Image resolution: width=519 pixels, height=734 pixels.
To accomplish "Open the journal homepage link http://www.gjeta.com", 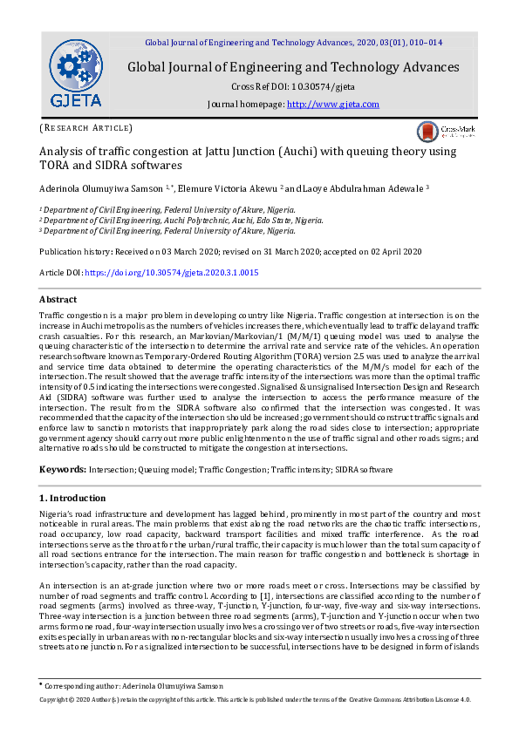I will click(x=333, y=105).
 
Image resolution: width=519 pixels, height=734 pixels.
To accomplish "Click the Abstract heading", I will click(x=58, y=299).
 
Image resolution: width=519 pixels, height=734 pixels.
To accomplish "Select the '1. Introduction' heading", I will click(x=73, y=498).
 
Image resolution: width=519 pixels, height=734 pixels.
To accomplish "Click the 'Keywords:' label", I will click(x=63, y=469).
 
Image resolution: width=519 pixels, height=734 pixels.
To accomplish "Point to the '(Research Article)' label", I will click(x=86, y=128).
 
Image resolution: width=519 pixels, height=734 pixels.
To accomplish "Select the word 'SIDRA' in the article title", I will click(x=101, y=165).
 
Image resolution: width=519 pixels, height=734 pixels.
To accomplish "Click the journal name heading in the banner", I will click(x=293, y=67).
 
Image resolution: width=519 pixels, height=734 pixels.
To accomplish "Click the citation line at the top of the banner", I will click(x=293, y=42).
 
